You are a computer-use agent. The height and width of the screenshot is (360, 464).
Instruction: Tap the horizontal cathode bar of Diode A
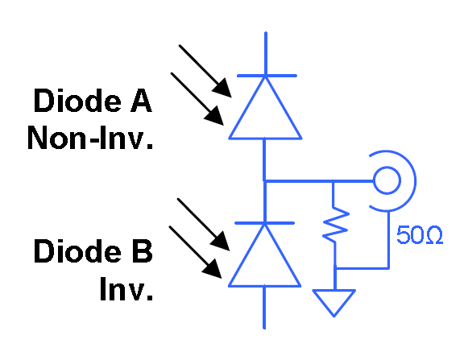point(264,76)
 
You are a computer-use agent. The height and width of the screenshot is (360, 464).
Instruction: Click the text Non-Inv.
point(89,138)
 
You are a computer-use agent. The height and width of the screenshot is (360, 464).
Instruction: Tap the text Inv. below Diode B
point(126,288)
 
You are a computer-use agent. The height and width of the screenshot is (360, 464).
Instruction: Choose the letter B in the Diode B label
point(139,251)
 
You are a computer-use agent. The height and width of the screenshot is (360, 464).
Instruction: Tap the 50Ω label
point(419,235)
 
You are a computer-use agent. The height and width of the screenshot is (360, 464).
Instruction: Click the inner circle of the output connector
point(386,181)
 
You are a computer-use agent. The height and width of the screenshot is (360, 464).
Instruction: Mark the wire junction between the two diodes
point(264,181)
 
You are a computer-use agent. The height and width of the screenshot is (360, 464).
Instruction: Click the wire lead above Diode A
point(264,52)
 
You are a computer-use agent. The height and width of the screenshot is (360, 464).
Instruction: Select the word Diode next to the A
point(77,101)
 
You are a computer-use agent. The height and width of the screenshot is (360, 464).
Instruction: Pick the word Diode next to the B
point(77,251)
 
